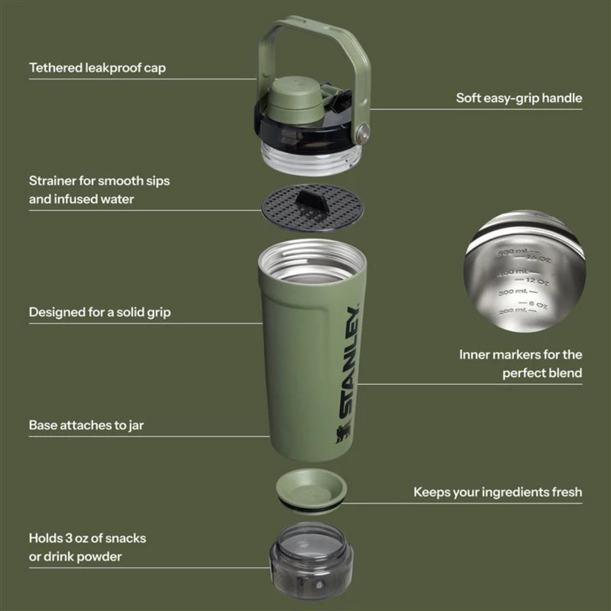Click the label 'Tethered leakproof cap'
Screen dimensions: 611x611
coord(97,68)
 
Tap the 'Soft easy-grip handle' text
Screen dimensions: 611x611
coord(519,98)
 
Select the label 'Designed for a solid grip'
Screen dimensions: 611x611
coord(100,312)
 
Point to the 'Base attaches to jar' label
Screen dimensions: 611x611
coord(86,425)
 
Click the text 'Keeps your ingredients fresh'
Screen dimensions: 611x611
coord(497,492)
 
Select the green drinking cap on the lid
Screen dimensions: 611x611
coord(288,97)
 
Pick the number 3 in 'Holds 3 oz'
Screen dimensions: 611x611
coord(69,538)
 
